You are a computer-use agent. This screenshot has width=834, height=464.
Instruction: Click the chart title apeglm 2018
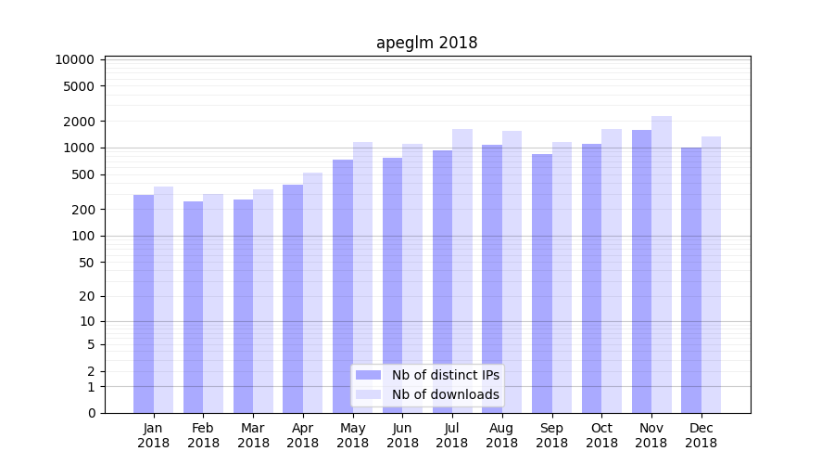click(x=426, y=43)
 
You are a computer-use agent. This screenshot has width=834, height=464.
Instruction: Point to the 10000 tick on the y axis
click(x=75, y=59)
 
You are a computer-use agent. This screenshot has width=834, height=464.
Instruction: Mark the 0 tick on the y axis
click(x=91, y=413)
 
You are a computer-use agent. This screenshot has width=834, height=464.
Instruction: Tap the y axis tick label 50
click(x=86, y=263)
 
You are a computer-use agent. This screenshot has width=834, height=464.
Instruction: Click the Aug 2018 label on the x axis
click(x=502, y=435)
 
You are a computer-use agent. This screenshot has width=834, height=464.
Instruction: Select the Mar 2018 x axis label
click(x=253, y=435)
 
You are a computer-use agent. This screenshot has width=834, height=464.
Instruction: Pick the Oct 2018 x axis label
click(x=601, y=435)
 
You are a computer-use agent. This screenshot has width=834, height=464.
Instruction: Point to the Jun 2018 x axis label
click(x=402, y=435)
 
